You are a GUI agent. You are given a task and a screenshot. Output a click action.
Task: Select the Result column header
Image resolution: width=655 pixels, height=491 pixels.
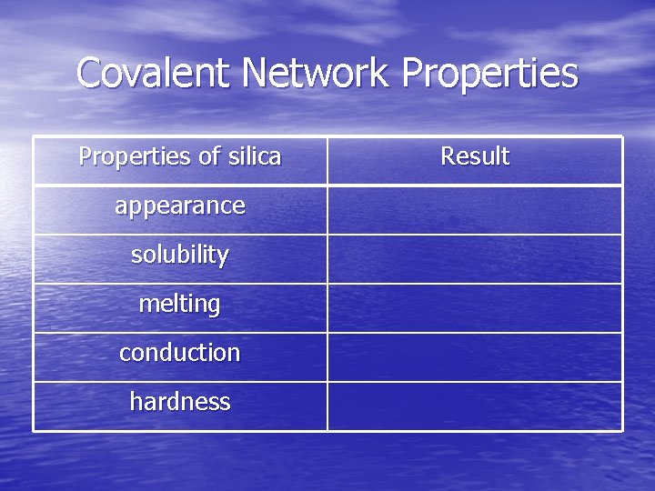[475, 156]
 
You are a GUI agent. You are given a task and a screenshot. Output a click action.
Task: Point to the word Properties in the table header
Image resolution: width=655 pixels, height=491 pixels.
[136, 156]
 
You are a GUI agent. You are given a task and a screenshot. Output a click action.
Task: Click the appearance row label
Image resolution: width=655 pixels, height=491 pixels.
[180, 206]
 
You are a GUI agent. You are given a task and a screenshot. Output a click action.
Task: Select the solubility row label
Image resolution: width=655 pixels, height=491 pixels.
[180, 255]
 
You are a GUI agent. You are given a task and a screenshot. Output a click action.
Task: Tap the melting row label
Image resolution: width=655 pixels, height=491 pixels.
[180, 305]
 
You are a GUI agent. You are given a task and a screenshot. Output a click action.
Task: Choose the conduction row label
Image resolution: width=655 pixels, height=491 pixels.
[180, 353]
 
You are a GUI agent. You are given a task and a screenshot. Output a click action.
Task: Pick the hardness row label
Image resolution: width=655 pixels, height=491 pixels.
[180, 402]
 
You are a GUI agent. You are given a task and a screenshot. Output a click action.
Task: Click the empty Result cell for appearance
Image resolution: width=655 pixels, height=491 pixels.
[475, 210]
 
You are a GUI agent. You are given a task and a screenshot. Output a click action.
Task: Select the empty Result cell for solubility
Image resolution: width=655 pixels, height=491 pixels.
[475, 259]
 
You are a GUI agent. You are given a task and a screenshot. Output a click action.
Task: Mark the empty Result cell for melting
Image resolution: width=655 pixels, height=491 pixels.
[475, 308]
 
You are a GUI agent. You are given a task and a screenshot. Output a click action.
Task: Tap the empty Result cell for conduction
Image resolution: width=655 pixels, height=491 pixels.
[475, 357]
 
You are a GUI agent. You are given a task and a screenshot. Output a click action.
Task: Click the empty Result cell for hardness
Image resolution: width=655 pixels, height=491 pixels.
[475, 406]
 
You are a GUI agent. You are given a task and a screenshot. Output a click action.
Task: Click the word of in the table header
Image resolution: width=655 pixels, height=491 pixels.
[209, 156]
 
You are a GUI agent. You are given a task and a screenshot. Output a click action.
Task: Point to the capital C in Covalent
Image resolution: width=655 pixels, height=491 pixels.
[91, 73]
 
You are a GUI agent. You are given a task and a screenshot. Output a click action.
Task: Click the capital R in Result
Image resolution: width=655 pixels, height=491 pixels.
[448, 156]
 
